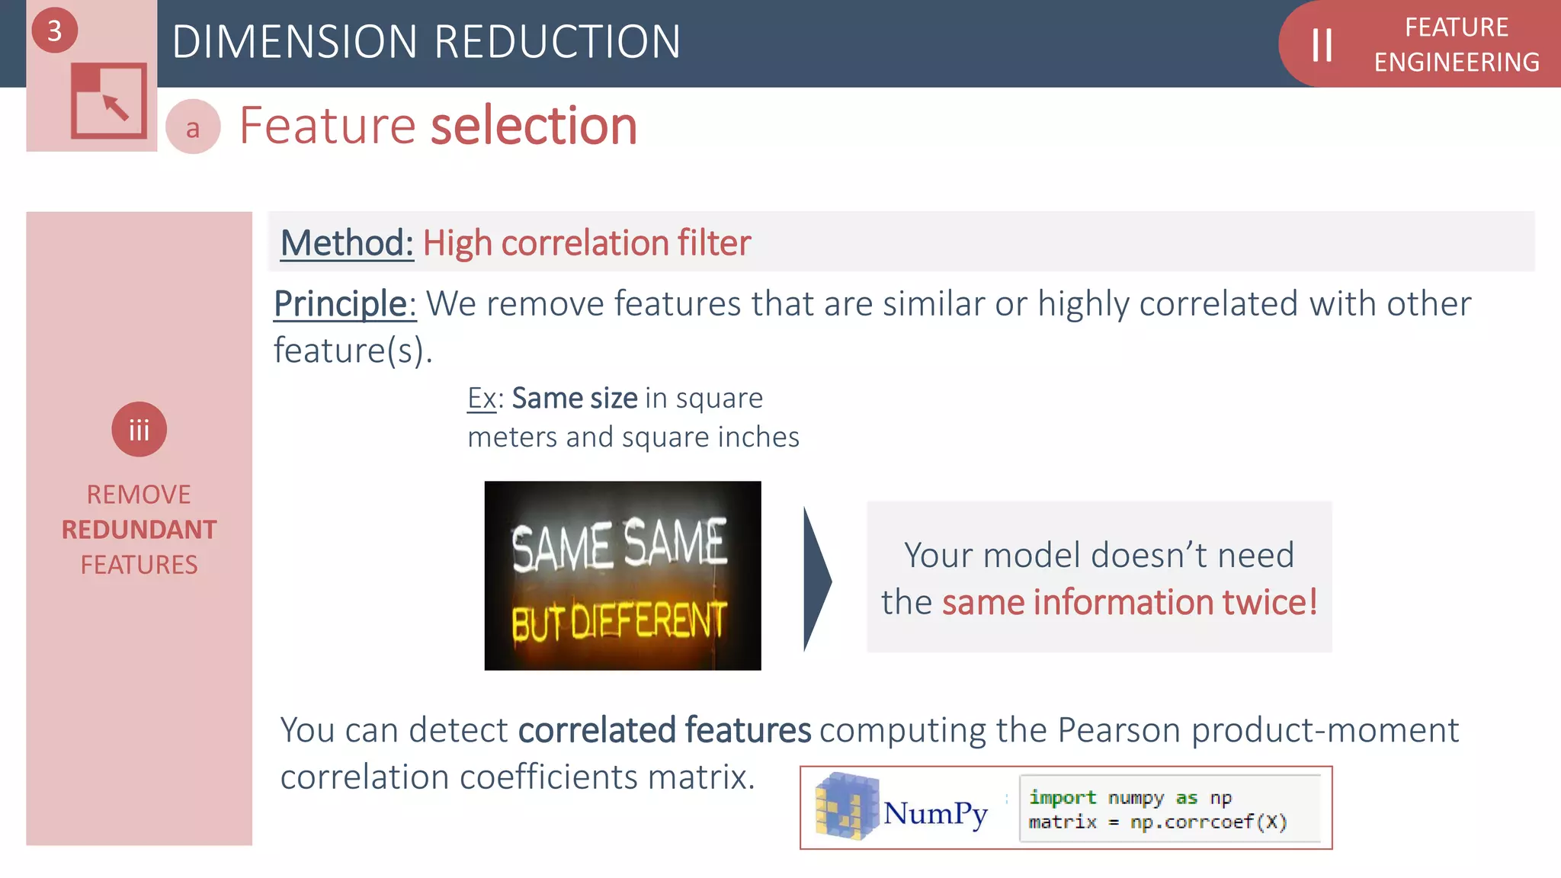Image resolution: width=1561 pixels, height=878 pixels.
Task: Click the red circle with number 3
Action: [x=54, y=30]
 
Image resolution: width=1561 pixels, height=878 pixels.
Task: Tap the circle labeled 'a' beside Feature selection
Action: [x=193, y=127]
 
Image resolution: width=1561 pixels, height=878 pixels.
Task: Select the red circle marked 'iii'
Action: [x=139, y=430]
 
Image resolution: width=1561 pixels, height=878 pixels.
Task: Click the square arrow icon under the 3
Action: [x=109, y=101]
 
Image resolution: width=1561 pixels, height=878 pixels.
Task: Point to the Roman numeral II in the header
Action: [x=1322, y=45]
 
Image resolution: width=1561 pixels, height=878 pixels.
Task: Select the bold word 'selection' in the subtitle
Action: [x=534, y=126]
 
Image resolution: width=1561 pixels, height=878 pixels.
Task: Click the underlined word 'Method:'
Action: [x=347, y=243]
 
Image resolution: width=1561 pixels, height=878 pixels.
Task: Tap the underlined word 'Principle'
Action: [x=341, y=304]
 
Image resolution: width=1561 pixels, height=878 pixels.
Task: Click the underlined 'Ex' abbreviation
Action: [x=482, y=398]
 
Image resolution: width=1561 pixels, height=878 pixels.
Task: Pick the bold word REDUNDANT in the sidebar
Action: [x=139, y=530]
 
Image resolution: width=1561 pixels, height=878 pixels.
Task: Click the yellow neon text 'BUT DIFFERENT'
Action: [x=619, y=621]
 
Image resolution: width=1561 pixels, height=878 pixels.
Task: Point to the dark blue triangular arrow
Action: [x=817, y=580]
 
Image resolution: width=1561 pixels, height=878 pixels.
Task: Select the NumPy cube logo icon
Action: [x=846, y=806]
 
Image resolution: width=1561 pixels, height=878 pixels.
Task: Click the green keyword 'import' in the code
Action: [x=1063, y=797]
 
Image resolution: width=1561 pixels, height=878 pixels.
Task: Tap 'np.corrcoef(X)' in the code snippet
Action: [x=1209, y=822]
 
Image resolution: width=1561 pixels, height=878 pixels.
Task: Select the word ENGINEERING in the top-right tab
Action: [x=1457, y=62]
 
